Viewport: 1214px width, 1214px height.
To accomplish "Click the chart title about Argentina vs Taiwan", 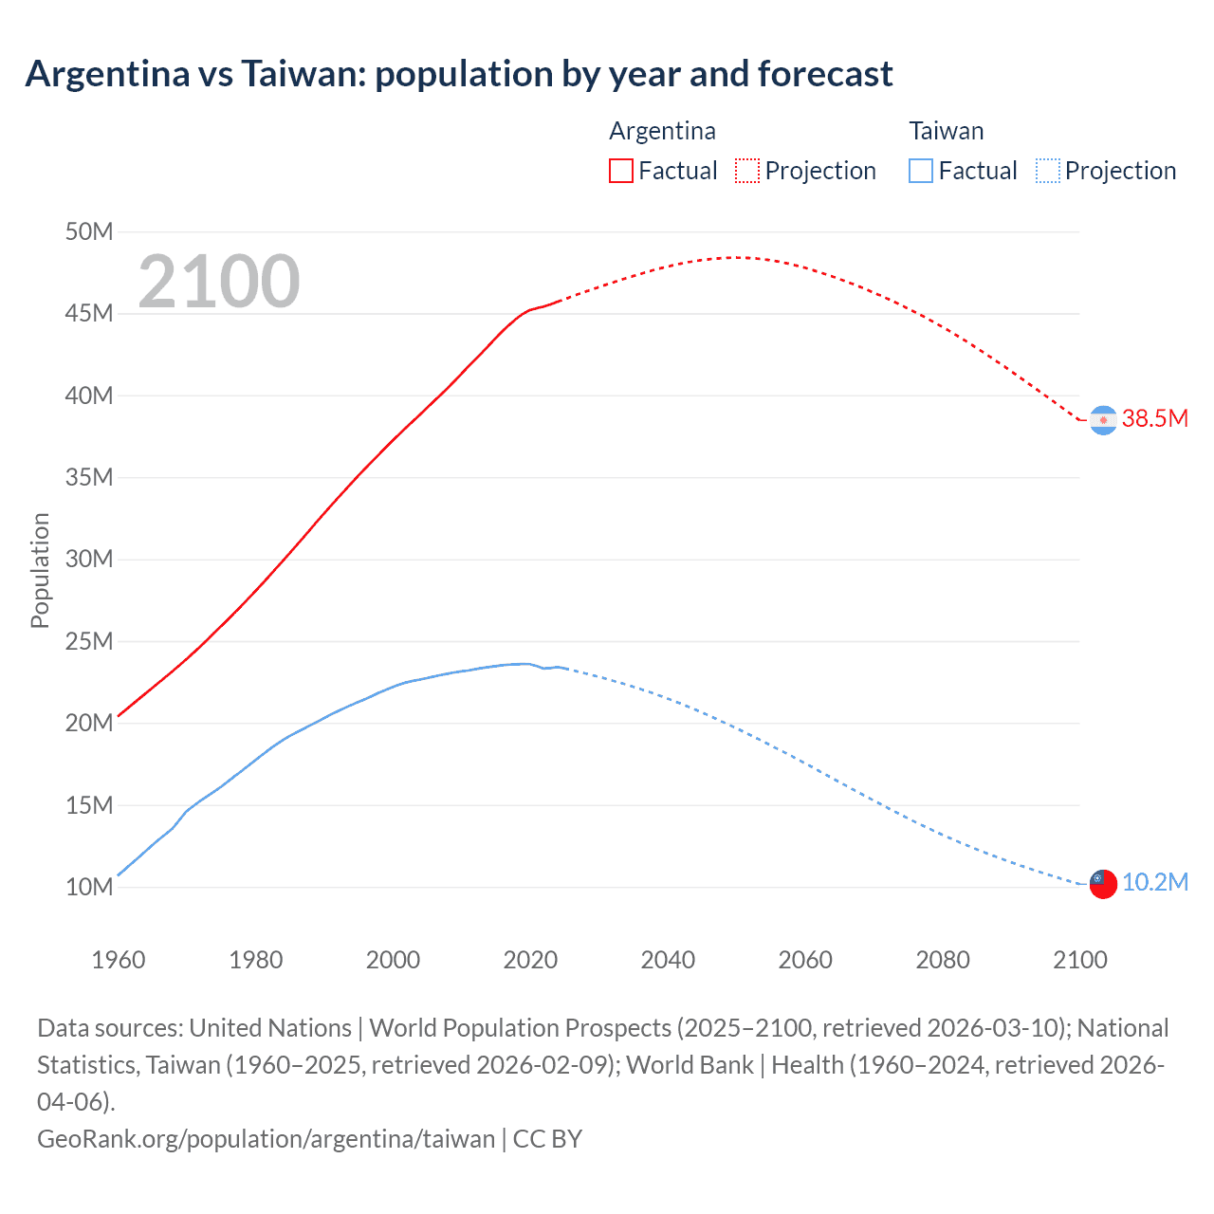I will pyautogui.click(x=459, y=74).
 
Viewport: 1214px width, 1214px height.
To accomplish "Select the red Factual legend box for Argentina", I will pyautogui.click(x=620, y=171).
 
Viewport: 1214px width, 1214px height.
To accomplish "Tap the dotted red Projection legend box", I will pyautogui.click(x=747, y=171).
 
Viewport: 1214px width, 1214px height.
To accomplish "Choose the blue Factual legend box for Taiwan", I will pyautogui.click(x=920, y=171).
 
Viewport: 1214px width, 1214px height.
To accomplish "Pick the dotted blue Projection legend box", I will pyautogui.click(x=1047, y=171).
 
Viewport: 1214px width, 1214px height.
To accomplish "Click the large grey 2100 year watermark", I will pyautogui.click(x=219, y=282).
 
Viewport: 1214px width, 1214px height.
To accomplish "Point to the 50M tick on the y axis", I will pyautogui.click(x=89, y=232).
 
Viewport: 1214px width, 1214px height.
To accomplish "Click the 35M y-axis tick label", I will pyautogui.click(x=89, y=477).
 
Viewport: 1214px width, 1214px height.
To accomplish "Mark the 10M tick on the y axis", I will pyautogui.click(x=89, y=888).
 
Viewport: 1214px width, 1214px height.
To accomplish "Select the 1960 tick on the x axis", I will pyautogui.click(x=119, y=960).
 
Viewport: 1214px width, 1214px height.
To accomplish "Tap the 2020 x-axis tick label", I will pyautogui.click(x=530, y=960).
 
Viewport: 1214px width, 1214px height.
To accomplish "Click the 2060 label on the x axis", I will pyautogui.click(x=805, y=960).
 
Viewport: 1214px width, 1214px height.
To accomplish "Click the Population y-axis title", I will pyautogui.click(x=40, y=570).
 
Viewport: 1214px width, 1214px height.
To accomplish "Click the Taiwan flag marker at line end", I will pyautogui.click(x=1103, y=884).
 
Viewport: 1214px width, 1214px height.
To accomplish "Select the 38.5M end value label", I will pyautogui.click(x=1154, y=419).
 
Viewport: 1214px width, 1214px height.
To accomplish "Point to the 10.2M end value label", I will pyautogui.click(x=1154, y=883).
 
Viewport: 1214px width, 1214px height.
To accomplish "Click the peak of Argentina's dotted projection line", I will pyautogui.click(x=737, y=257).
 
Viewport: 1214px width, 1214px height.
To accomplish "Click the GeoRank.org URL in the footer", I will pyautogui.click(x=267, y=1138).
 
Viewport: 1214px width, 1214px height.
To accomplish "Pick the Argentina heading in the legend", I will pyautogui.click(x=662, y=131).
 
